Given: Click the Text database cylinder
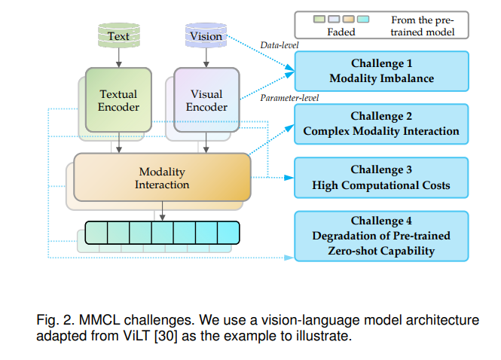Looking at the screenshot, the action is click(x=119, y=35).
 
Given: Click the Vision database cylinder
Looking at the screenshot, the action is click(x=206, y=35).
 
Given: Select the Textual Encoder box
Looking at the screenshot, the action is click(x=118, y=99).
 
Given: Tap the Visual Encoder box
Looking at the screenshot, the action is click(x=206, y=99).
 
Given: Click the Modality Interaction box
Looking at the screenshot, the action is click(x=162, y=177).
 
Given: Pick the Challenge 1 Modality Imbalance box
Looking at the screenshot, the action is click(x=381, y=71).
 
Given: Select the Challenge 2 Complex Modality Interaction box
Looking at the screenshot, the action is click(x=381, y=124).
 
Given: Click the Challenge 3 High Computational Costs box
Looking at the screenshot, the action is click(x=381, y=178).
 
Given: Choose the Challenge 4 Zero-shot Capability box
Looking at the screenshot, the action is click(x=381, y=236).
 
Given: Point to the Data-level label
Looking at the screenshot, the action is click(x=280, y=45).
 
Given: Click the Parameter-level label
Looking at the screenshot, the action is click(x=289, y=98).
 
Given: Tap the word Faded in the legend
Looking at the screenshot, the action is click(x=341, y=32).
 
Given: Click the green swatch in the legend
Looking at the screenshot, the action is click(x=319, y=19).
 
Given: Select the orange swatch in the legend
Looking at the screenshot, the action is click(x=348, y=19).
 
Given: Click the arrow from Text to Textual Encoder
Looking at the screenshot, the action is click(x=119, y=58).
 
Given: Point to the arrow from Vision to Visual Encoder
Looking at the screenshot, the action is click(x=206, y=58).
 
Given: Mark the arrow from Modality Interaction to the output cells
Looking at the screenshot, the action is click(x=162, y=211).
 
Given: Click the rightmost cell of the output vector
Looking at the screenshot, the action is click(x=228, y=233).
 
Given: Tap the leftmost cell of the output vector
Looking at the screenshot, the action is click(x=96, y=233).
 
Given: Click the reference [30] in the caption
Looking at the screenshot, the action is click(x=166, y=336).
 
